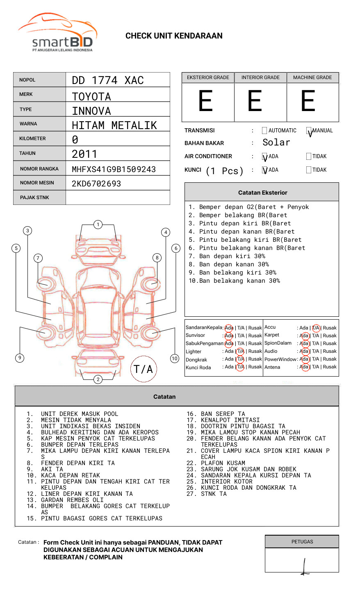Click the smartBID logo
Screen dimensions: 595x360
pyautogui.click(x=57, y=33)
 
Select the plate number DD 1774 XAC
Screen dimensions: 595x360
pyautogui.click(x=108, y=80)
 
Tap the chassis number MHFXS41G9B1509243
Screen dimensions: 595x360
pyautogui.click(x=114, y=169)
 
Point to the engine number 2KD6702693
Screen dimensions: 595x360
pyautogui.click(x=96, y=184)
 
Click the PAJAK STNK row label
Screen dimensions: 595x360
pyautogui.click(x=34, y=198)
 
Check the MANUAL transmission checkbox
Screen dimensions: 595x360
pyautogui.click(x=309, y=131)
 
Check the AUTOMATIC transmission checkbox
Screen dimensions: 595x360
pyautogui.click(x=264, y=131)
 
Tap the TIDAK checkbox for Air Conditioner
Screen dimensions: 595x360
pyautogui.click(x=309, y=156)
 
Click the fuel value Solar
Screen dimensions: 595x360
pyautogui.click(x=276, y=143)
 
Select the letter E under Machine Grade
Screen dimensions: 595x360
pyautogui.click(x=308, y=101)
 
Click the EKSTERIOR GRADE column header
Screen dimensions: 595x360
pyautogui.click(x=208, y=77)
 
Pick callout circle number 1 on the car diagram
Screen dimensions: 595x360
pyautogui.click(x=98, y=224)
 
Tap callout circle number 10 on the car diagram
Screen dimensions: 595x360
pyautogui.click(x=175, y=359)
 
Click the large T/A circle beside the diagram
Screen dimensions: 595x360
pyautogui.click(x=144, y=369)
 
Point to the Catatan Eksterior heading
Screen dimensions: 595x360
pyautogui.click(x=262, y=193)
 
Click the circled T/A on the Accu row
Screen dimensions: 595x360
pyautogui.click(x=316, y=328)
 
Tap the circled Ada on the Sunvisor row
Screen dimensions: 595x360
pyautogui.click(x=229, y=336)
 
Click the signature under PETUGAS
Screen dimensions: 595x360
pyautogui.click(x=304, y=567)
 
